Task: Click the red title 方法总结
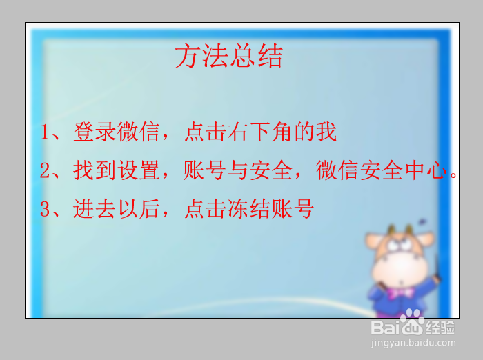click(x=228, y=55)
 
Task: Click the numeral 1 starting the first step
click(x=45, y=132)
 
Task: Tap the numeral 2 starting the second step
click(x=45, y=170)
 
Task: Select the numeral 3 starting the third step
click(x=45, y=209)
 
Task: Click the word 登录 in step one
click(x=95, y=132)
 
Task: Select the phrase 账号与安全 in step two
click(x=238, y=170)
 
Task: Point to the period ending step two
click(x=453, y=175)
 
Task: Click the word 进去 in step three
click(x=95, y=208)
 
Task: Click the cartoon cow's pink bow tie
click(x=400, y=292)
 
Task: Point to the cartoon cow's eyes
click(x=400, y=245)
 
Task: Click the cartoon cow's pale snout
click(x=400, y=268)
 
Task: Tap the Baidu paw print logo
click(x=412, y=322)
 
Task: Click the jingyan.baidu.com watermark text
click(x=413, y=343)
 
